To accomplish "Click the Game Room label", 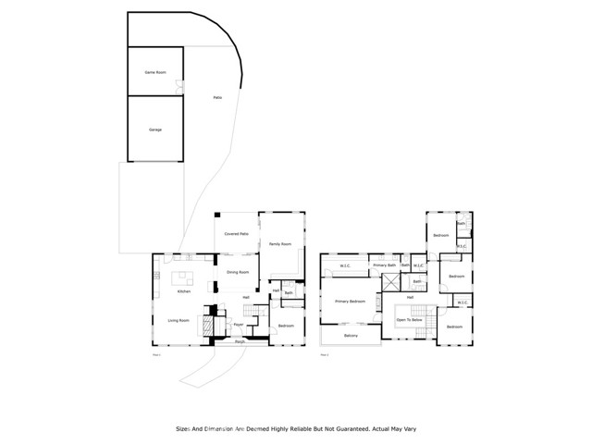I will (x=154, y=71).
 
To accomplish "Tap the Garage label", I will (x=154, y=129).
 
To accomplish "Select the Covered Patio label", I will (x=238, y=234).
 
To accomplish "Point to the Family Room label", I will (x=279, y=244).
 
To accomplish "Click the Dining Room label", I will (x=238, y=272).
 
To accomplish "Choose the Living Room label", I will (x=179, y=320).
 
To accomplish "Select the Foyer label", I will (x=238, y=325).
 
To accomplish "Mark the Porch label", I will (x=240, y=341).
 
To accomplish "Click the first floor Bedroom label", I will (x=286, y=326).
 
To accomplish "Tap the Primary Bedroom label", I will (x=350, y=302).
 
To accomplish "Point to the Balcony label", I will (x=351, y=336).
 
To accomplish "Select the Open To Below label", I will (x=410, y=321).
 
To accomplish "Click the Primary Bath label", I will (x=384, y=265).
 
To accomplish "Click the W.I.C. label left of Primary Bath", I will (x=344, y=266).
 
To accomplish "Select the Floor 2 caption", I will (x=325, y=354).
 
